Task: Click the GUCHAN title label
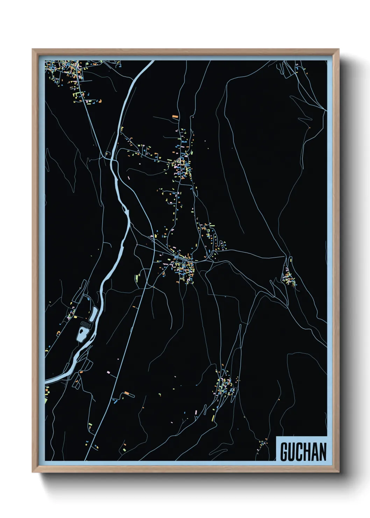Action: pyautogui.click(x=303, y=451)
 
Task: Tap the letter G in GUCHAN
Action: pyautogui.click(x=284, y=452)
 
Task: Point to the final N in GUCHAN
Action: pyautogui.click(x=322, y=452)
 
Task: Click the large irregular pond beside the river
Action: pyautogui.click(x=82, y=334)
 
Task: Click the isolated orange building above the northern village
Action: pyautogui.click(x=175, y=116)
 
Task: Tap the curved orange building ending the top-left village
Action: pyautogui.click(x=100, y=101)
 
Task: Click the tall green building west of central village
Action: pyautogui.click(x=137, y=278)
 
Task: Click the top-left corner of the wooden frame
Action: pyautogui.click(x=33, y=49)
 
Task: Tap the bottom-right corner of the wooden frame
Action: pyautogui.click(x=339, y=472)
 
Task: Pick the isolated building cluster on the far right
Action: pyautogui.click(x=289, y=278)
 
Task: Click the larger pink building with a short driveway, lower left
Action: pyautogui.click(x=108, y=372)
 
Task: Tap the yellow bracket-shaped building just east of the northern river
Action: pyautogui.click(x=122, y=129)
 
